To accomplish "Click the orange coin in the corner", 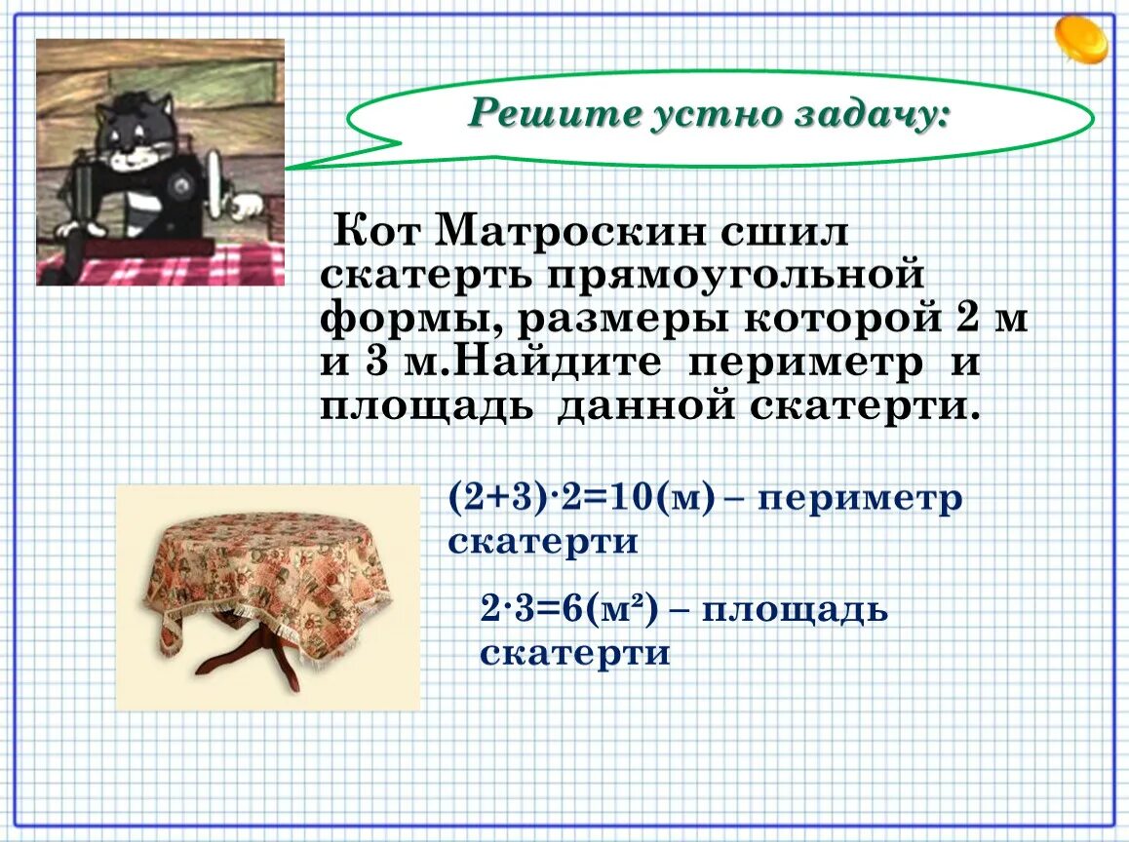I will pyautogui.click(x=1080, y=39).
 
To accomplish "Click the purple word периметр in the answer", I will pyautogui.click(x=859, y=499).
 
